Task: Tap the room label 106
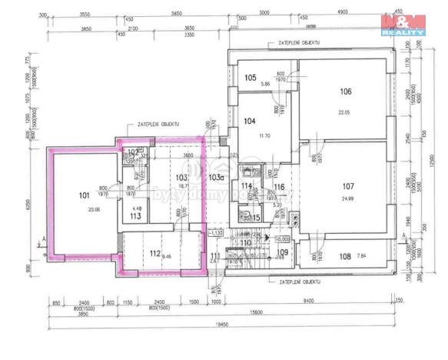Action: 346,92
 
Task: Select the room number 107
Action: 347,185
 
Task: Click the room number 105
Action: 251,78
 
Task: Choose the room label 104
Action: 250,121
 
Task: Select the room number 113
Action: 134,216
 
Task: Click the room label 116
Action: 279,188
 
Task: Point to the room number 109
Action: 282,252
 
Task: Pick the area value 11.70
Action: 265,136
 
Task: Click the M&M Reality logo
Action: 403,24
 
